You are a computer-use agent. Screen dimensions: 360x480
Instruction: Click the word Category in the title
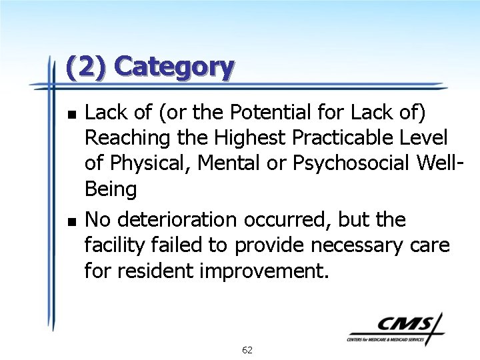pyautogui.click(x=174, y=67)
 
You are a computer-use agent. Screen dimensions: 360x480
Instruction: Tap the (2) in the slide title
pyautogui.click(x=87, y=67)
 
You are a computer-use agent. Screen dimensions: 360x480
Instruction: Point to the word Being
pyautogui.click(x=111, y=190)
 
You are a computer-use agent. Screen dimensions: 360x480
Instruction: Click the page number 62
pyautogui.click(x=247, y=350)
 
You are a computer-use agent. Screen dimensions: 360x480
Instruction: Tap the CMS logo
pyautogui.click(x=397, y=329)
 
